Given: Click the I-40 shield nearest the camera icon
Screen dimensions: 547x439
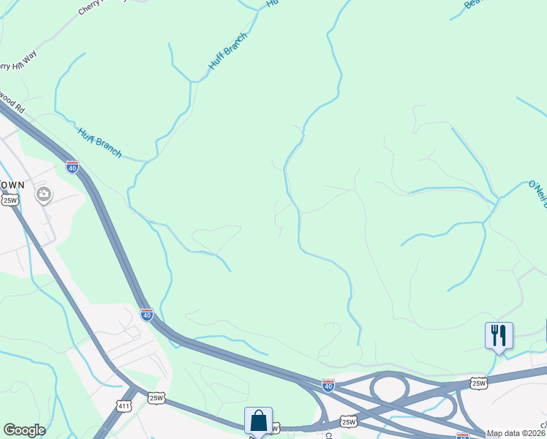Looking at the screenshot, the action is pos(72,167).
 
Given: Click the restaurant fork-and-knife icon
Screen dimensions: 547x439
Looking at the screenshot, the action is pos(499,336).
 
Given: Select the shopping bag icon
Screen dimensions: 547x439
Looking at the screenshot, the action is pos(258,421).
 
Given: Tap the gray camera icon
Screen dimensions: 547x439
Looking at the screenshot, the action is pos(43,194).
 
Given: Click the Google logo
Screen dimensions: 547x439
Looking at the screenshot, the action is pos(24,430).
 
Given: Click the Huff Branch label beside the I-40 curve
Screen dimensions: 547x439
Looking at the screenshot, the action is pos(99,143).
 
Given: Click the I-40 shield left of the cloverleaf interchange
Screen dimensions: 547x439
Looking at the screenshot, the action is pos(328,383).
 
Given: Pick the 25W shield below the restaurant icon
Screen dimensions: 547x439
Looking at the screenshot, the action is pos(479,383).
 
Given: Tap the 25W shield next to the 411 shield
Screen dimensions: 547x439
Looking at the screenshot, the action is pos(156,398).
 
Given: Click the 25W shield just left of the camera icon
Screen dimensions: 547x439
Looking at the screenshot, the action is pos(10,200).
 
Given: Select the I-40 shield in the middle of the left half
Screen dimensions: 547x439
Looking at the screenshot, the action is pos(147,315).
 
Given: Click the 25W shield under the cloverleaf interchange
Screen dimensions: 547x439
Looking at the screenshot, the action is pos(349,422).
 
